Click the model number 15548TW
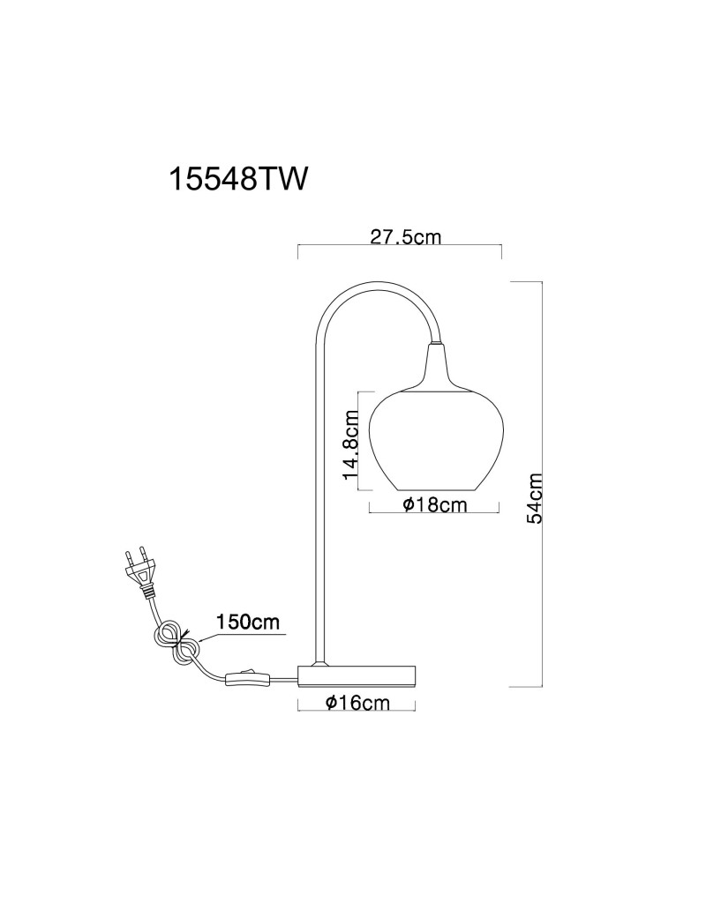pos(237,178)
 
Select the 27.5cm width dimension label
pos(405,236)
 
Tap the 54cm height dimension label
pos(535,497)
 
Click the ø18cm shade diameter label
pos(436,504)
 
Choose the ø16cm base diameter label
pos(357,702)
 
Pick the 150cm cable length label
pos(248,621)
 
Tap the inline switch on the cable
pos(247,678)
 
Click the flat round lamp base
pos(357,675)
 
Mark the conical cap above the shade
pos(438,367)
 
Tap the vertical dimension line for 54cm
pos(544,484)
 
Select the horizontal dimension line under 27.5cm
pos(401,246)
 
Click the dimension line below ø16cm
pos(357,712)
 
